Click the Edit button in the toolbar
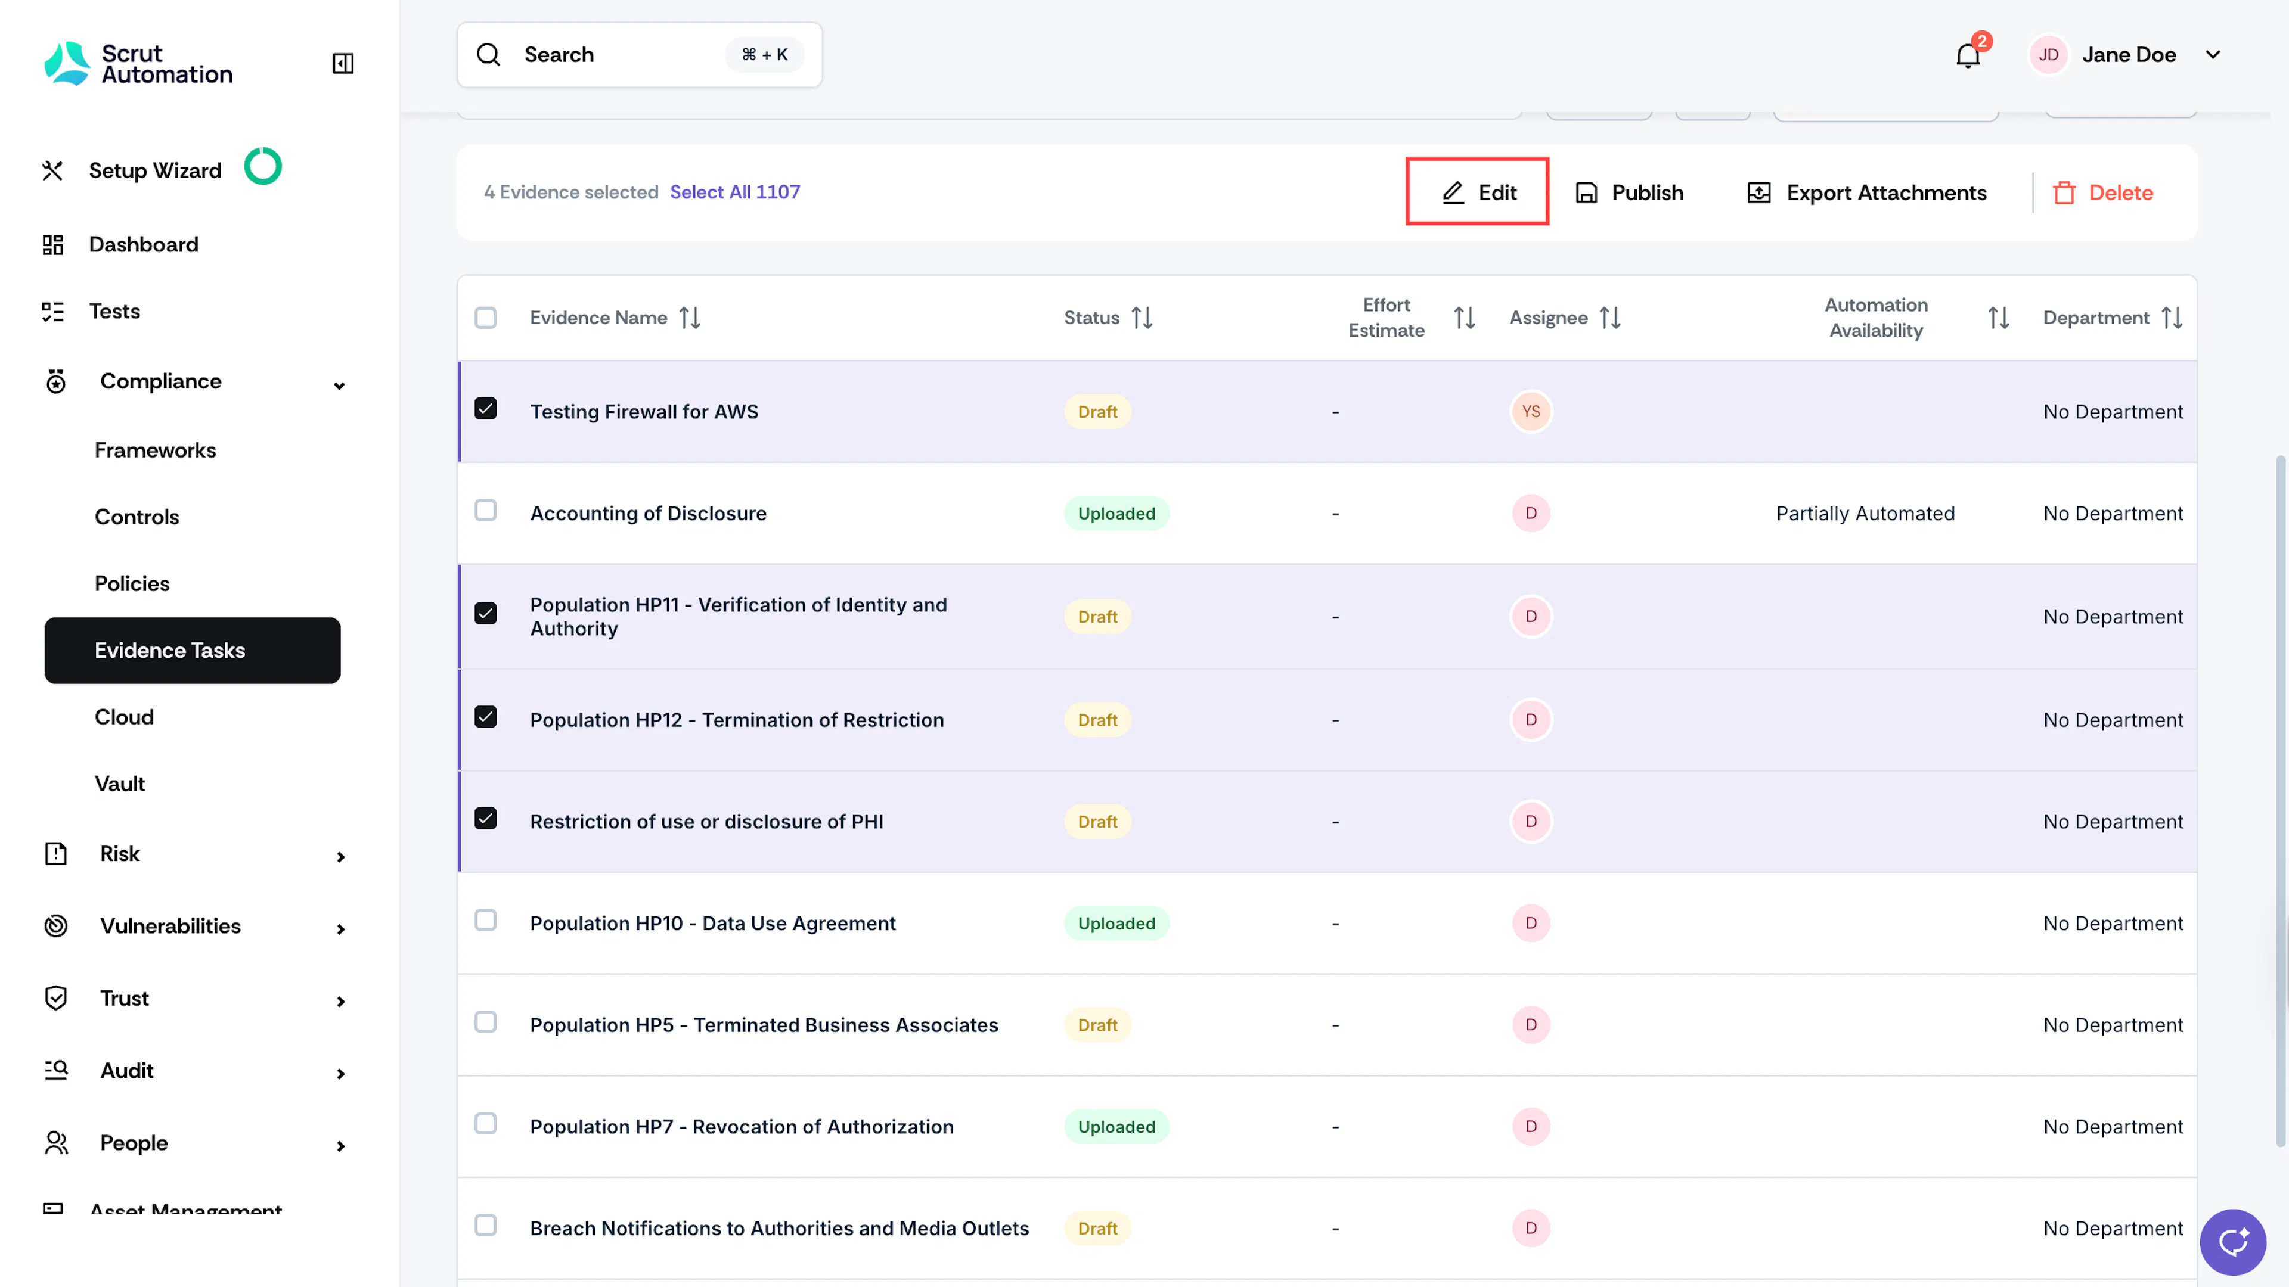[x=1478, y=192]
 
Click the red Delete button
[x=2102, y=192]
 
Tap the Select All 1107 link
[x=735, y=192]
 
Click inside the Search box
[x=639, y=55]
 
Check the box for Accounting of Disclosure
[x=485, y=511]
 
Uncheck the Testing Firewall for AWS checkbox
[x=485, y=409]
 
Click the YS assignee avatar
[x=1530, y=411]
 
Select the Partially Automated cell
[x=1865, y=514]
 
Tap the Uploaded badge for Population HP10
[x=1116, y=924]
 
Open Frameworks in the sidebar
[x=156, y=450]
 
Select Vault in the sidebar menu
[x=120, y=784]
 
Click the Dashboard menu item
[x=143, y=244]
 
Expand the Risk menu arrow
[x=340, y=856]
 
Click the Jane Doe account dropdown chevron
[x=2213, y=55]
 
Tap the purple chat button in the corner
[x=2232, y=1242]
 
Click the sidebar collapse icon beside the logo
[x=343, y=63]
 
